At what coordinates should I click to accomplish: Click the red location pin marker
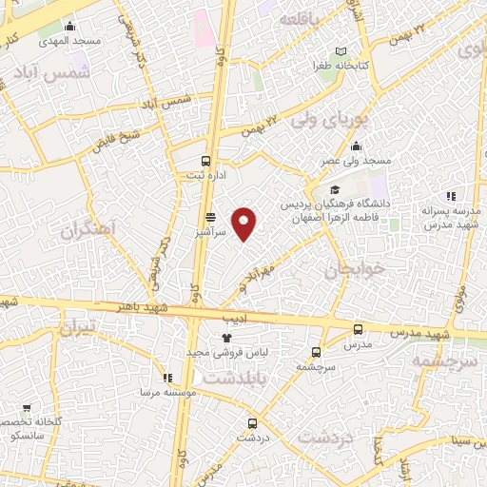(244, 224)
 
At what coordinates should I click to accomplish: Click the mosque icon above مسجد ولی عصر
(356, 146)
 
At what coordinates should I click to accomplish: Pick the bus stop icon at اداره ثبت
(206, 161)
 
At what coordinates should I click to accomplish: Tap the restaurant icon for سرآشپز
(210, 216)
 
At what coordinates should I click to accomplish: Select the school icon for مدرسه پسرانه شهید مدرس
(451, 196)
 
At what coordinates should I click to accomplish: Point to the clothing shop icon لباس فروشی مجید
(226, 338)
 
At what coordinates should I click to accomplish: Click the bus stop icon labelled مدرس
(358, 329)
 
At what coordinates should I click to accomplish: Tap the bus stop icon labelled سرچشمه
(316, 352)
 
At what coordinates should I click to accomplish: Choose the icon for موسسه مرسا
(167, 378)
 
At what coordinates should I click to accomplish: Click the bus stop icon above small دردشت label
(252, 423)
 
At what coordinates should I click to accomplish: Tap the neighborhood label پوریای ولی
(327, 122)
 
